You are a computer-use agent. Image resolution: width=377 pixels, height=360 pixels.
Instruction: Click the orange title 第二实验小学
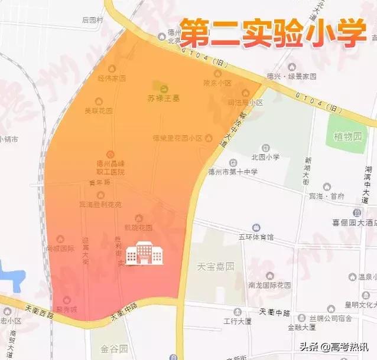(272, 33)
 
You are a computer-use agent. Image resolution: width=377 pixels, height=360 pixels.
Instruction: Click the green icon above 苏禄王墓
(157, 87)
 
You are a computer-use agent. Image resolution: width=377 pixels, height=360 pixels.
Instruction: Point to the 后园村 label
(93, 20)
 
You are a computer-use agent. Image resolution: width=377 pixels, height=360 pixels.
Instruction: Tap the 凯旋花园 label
(138, 227)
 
